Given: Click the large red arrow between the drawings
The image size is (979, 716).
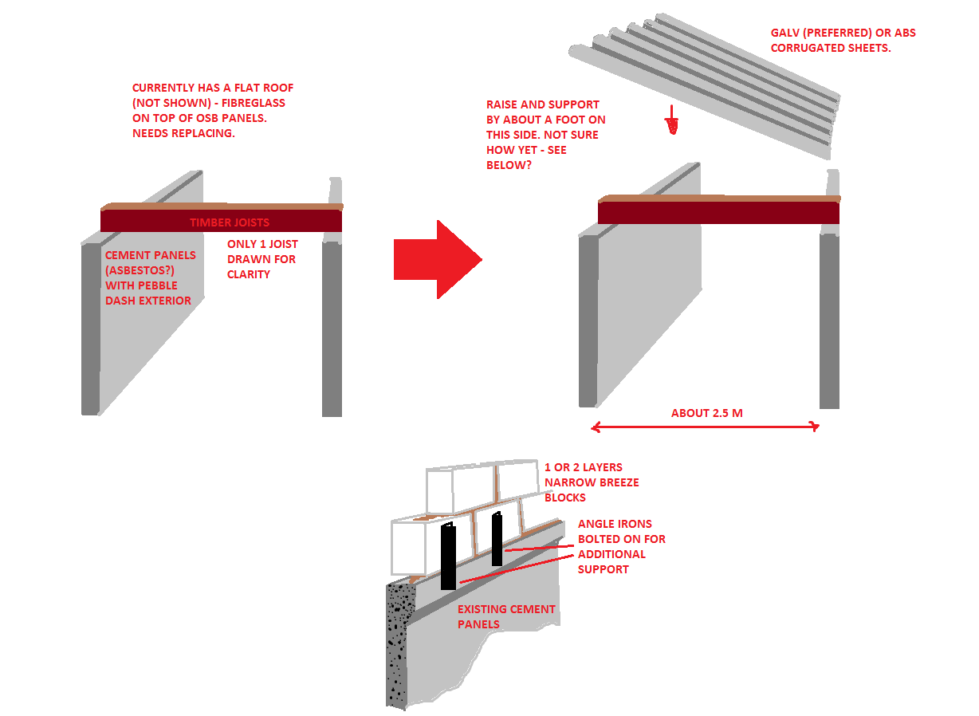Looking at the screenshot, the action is coord(438,260).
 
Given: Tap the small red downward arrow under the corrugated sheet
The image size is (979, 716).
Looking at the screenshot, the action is coord(673,120).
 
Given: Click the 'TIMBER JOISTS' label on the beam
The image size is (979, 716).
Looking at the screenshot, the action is coord(230,223).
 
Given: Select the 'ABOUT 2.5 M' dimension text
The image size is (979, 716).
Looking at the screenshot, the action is coord(707,414).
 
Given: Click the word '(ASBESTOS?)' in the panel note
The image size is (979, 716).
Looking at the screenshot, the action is coord(140,271).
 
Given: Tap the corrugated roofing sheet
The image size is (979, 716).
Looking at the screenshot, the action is coord(705,85).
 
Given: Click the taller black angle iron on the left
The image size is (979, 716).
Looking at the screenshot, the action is coord(448,557).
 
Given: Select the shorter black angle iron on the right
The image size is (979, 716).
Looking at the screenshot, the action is coord(497,540).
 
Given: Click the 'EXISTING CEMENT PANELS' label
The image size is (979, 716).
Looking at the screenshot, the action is coord(506,617).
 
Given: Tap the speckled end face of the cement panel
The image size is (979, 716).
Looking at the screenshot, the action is coord(399,646).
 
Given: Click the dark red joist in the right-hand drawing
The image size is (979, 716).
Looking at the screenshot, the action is coord(719,213).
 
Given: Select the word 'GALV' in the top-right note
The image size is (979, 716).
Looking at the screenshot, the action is coord(785,33).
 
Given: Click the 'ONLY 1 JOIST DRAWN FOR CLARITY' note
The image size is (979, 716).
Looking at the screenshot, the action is coord(262,260).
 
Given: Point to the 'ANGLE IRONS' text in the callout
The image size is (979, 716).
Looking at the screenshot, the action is coord(615,525).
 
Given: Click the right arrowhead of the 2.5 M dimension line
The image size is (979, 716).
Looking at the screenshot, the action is coord(815,427).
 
